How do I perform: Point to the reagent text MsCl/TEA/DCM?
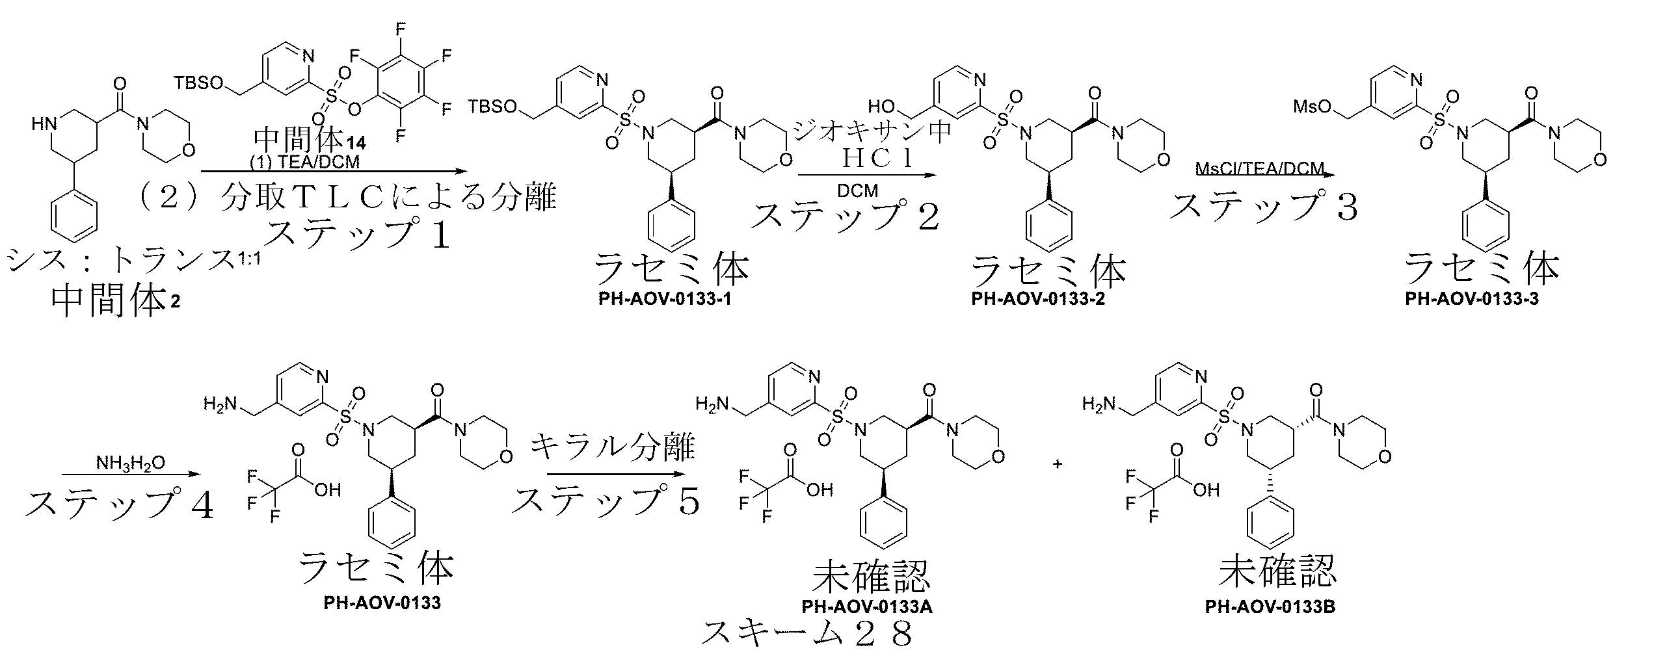[x=1259, y=169]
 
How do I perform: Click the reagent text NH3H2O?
[x=131, y=463]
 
